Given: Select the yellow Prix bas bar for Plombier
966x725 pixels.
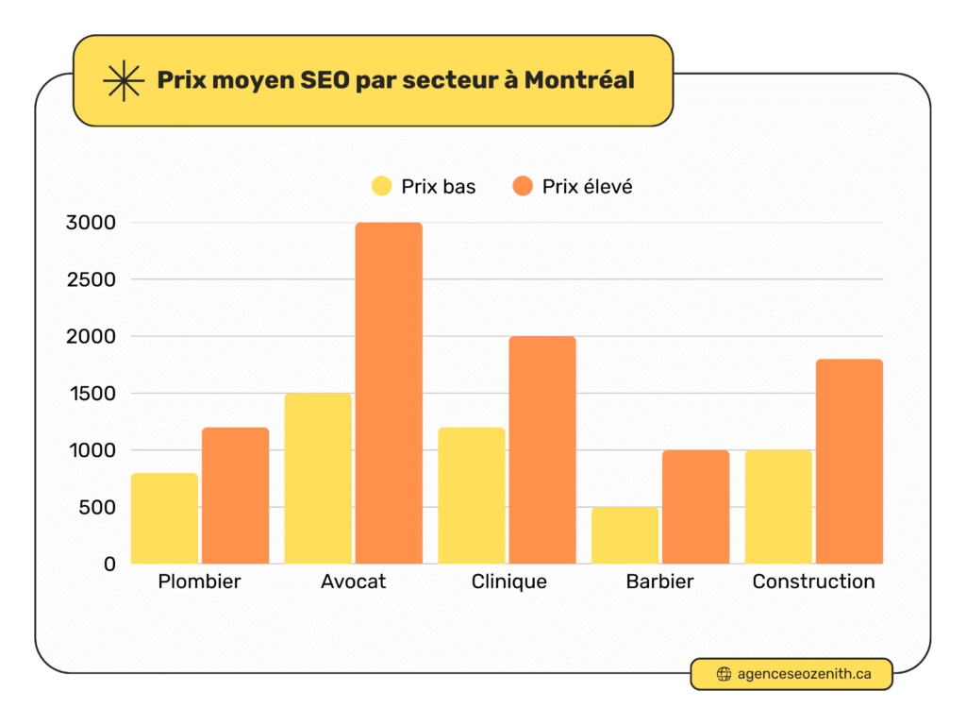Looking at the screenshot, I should point(164,518).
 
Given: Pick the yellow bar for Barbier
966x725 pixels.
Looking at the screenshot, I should point(625,535).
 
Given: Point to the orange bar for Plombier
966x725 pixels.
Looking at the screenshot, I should point(235,496).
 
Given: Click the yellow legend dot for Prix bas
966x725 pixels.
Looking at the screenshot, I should point(381,186).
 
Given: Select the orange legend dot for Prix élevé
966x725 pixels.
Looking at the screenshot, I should point(523,186).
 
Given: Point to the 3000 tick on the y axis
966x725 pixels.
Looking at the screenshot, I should point(91,223).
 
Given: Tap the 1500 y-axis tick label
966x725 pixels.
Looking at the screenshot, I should point(91,394).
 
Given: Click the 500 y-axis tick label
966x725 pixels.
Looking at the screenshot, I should point(96,507).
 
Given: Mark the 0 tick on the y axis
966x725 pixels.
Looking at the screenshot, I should point(109,564).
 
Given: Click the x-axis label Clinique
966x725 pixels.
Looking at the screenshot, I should point(508,582).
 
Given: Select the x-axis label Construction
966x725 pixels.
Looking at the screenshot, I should point(813,582).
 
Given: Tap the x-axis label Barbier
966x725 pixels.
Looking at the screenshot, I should point(659,582).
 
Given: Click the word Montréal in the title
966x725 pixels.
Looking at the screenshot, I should point(579,80).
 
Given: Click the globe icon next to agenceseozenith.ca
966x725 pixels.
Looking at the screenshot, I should point(724,674).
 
